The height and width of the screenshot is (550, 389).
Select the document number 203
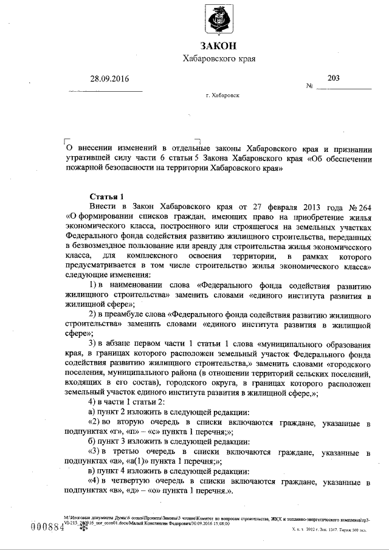[334, 78]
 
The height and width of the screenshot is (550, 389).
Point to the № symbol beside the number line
[310, 86]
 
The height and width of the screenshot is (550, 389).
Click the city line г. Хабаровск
[222, 96]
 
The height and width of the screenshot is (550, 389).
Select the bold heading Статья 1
[107, 196]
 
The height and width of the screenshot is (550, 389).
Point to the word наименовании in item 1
[139, 285]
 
